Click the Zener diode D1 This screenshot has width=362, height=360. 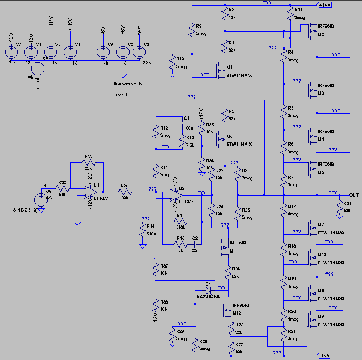[209, 290]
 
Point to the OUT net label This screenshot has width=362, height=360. [354, 195]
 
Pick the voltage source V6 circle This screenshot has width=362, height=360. [38, 69]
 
